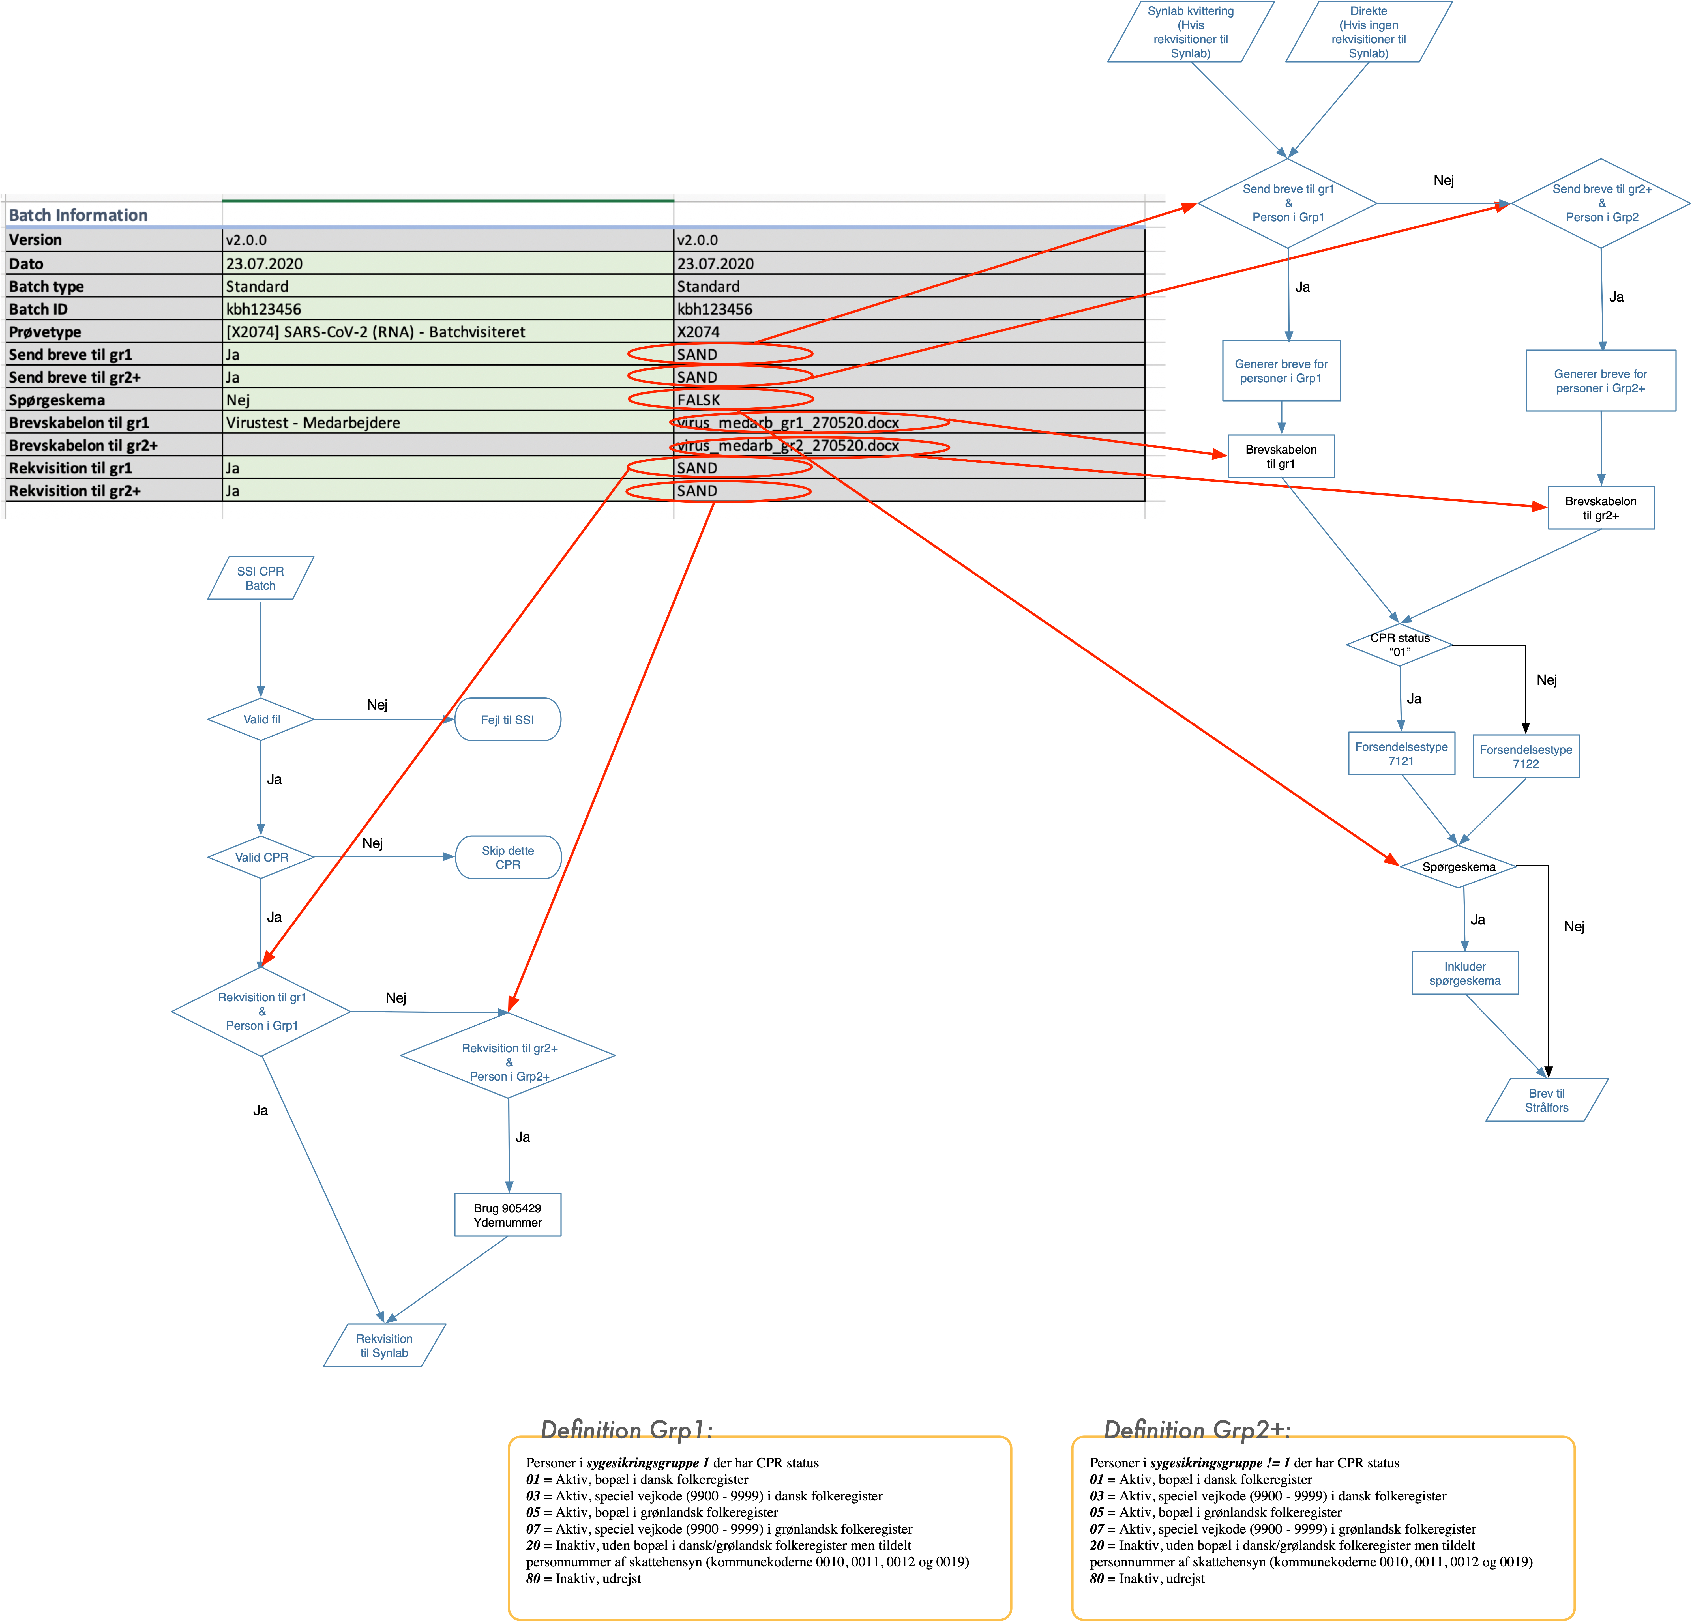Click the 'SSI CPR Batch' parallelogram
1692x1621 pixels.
pos(261,578)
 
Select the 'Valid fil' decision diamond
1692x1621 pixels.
pos(261,719)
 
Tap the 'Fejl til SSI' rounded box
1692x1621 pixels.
pos(508,719)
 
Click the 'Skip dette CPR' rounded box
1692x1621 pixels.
pos(508,857)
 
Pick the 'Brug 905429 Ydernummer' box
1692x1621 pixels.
pos(508,1214)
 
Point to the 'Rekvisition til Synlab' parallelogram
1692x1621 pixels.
pos(384,1345)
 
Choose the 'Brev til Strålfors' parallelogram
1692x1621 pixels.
pos(1546,1100)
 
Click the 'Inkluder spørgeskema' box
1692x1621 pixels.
pos(1465,973)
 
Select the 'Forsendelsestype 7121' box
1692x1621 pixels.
pos(1401,753)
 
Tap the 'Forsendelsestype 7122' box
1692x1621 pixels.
pos(1525,756)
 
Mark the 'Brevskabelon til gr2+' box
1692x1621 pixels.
pos(1601,508)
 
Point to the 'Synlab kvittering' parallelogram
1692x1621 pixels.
pos(1191,32)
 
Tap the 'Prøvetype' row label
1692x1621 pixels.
pos(45,331)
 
